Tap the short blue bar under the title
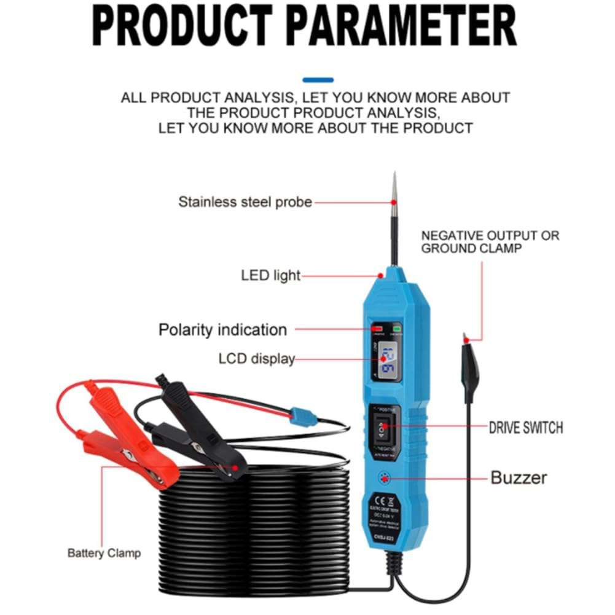pyautogui.click(x=318, y=80)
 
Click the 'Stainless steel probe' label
pyautogui.click(x=245, y=202)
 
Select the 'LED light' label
pyautogui.click(x=271, y=275)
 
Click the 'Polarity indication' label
pyautogui.click(x=222, y=329)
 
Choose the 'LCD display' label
pyautogui.click(x=256, y=358)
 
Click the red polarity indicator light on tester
pyautogui.click(x=376, y=329)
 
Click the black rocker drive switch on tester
pyautogui.click(x=385, y=431)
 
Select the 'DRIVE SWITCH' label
pyautogui.click(x=525, y=427)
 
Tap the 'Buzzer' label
pyautogui.click(x=518, y=477)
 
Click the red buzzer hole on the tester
pyautogui.click(x=386, y=477)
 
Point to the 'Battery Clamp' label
pyautogui.click(x=104, y=553)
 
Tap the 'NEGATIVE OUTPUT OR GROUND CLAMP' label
pyautogui.click(x=490, y=241)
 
